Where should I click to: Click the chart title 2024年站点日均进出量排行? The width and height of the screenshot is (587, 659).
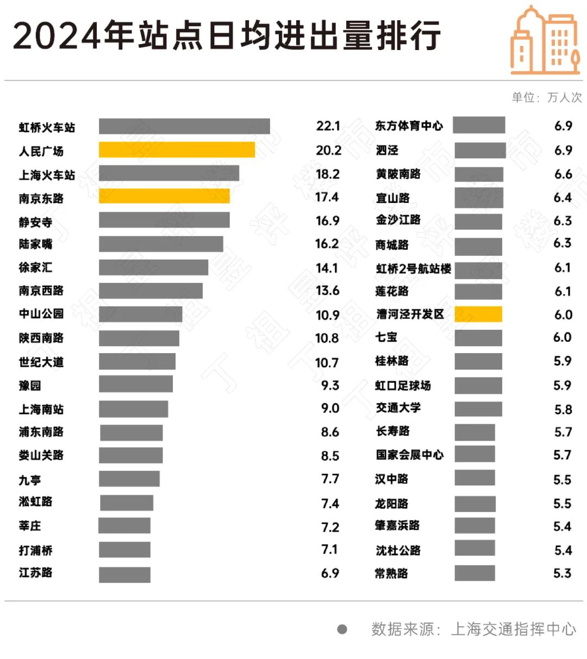226,36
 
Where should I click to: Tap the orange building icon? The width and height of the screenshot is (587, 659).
545,41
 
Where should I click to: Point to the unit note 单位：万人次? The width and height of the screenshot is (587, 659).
546,97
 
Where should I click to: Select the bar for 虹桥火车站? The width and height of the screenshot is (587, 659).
184,126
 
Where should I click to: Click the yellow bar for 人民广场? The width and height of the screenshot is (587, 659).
177,150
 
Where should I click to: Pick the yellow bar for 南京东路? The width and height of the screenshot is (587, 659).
164,196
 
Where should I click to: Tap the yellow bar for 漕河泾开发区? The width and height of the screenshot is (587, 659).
478,314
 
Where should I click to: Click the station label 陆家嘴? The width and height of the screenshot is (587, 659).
36,244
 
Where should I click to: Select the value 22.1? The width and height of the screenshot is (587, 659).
328,126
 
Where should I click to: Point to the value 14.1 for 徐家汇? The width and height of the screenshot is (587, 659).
327,268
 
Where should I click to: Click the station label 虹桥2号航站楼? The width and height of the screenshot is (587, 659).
413,268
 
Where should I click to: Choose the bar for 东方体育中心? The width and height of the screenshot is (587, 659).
479,125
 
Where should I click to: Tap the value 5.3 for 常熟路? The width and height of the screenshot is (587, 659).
563,573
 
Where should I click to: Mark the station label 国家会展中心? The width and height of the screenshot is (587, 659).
409,454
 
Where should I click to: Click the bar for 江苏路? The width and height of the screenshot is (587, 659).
124,575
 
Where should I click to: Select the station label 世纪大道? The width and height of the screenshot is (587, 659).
41,362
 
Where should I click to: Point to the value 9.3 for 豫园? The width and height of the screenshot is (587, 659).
330,385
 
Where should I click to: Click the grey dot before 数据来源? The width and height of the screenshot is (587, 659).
342,629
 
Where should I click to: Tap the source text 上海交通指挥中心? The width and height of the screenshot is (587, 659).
513,629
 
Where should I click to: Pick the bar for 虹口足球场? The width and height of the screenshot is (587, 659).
478,385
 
